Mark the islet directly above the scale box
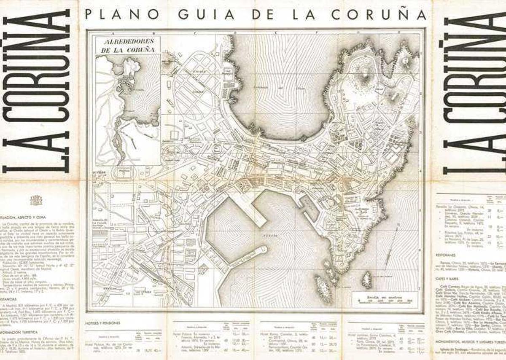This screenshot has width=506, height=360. pos(367,280)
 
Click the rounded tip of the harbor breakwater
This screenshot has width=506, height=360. pos(263,250)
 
